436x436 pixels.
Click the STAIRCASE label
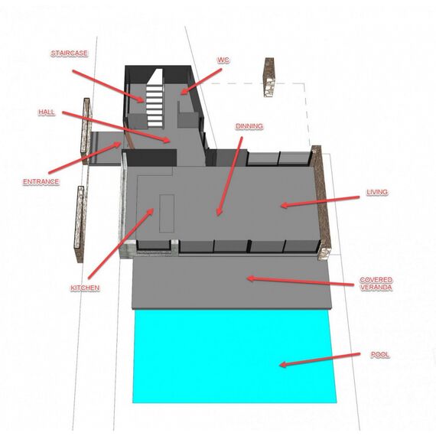pyautogui.click(x=70, y=53)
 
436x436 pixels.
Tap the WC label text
pyautogui.click(x=223, y=60)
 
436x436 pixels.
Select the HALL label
pyautogui.click(x=47, y=112)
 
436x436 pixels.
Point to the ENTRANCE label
pyautogui.click(x=41, y=181)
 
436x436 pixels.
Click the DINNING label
pyautogui.click(x=249, y=126)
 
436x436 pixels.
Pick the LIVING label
pyautogui.click(x=377, y=192)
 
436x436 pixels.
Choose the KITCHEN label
pyautogui.click(x=85, y=288)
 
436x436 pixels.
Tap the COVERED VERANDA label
pyautogui.click(x=376, y=283)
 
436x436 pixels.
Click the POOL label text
pyautogui.click(x=380, y=354)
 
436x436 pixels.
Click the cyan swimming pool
pyautogui.click(x=234, y=356)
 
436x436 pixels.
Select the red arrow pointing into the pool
pyautogui.click(x=320, y=360)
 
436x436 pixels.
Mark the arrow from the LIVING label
pyautogui.click(x=320, y=201)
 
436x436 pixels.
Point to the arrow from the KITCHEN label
pyautogui.click(x=121, y=243)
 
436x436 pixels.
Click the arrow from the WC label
pyautogui.click(x=200, y=82)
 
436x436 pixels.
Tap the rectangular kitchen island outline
pyautogui.click(x=167, y=213)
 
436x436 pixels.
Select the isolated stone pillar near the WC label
pyautogui.click(x=269, y=77)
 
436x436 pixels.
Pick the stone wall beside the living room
pyautogui.click(x=321, y=203)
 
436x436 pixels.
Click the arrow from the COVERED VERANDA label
pyautogui.click(x=301, y=281)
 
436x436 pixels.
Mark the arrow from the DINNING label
pyautogui.click(x=229, y=176)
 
